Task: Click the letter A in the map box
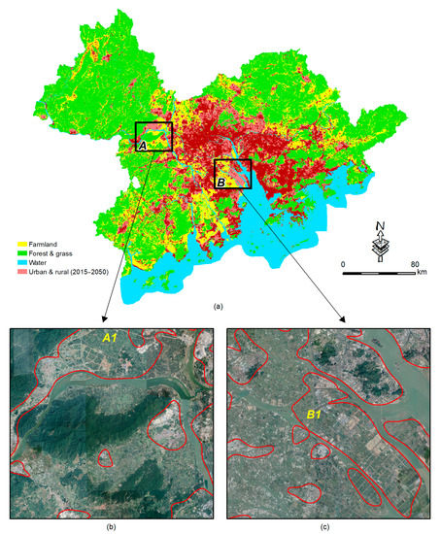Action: point(144,145)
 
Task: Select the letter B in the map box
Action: point(221,181)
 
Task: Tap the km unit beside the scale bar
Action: point(422,273)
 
